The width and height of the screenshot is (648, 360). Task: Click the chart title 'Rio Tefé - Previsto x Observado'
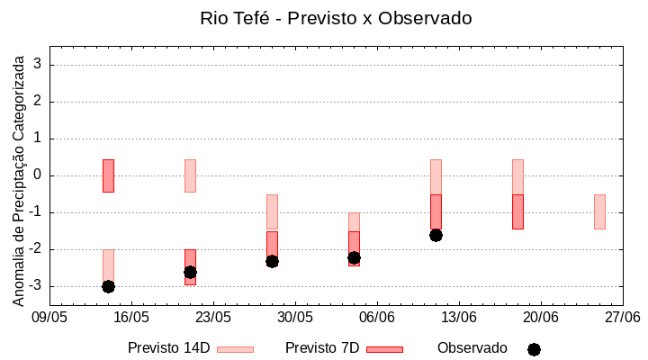[x=336, y=18]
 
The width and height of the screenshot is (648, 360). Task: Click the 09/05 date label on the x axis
[x=49, y=317]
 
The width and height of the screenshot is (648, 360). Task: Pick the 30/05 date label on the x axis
[x=295, y=317]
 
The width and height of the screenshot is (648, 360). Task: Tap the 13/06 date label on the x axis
[x=459, y=317]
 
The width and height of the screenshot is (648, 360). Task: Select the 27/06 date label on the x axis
[x=622, y=317]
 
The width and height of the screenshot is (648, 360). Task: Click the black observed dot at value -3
[x=108, y=286]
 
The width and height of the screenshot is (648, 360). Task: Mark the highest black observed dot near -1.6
[x=436, y=235]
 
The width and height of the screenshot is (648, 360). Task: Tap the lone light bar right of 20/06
[x=599, y=211]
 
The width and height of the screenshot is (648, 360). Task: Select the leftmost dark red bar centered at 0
[x=108, y=175]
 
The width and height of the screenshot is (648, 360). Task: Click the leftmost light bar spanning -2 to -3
[x=108, y=267]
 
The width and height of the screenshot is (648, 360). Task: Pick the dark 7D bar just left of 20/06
[x=517, y=211]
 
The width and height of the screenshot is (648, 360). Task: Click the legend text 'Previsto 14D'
[x=169, y=348]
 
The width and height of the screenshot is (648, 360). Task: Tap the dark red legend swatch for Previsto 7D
[x=384, y=349]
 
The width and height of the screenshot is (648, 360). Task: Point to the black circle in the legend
[x=534, y=349]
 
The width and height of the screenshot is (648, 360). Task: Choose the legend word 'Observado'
[x=472, y=348]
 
